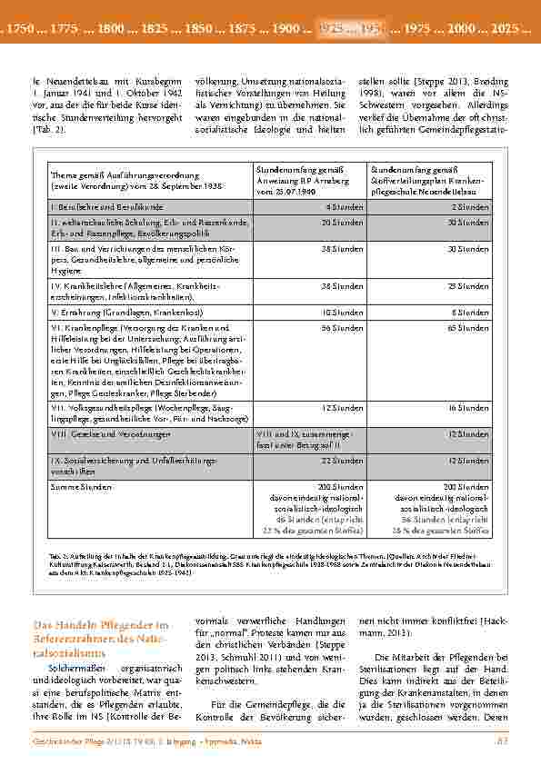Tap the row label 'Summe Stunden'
pyautogui.click(x=78, y=486)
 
